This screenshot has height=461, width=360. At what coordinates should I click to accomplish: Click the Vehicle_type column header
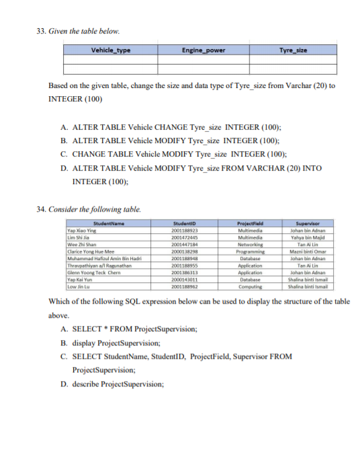click(x=111, y=50)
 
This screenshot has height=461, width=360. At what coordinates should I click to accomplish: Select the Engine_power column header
click(x=204, y=50)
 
